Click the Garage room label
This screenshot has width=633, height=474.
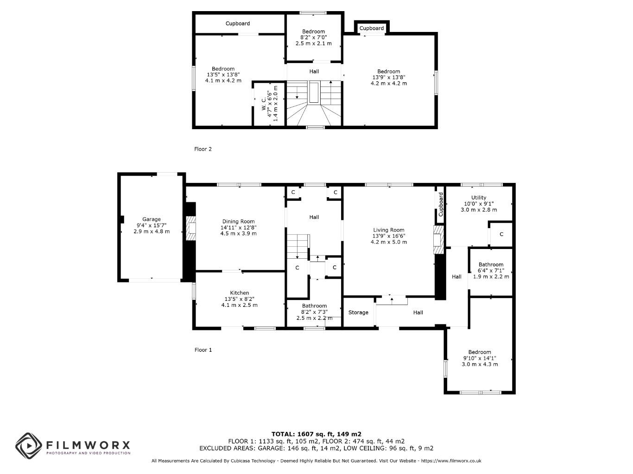(x=151, y=219)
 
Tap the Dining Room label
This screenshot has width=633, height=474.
(x=238, y=221)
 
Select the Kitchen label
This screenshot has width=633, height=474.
(x=240, y=293)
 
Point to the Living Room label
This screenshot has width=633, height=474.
(x=388, y=230)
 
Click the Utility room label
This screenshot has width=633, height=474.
(x=478, y=198)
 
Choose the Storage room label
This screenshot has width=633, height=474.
(x=358, y=313)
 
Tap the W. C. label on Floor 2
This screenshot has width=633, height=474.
(x=264, y=104)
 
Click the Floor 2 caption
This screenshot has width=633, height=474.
(x=203, y=149)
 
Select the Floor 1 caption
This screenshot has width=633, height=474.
(x=203, y=350)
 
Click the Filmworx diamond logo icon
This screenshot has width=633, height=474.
(x=29, y=446)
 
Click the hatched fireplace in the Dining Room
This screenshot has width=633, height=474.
(x=190, y=228)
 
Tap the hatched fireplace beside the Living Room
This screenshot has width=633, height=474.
(x=438, y=240)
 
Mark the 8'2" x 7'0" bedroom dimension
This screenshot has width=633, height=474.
(x=313, y=37)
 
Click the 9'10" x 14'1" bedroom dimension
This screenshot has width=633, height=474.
(x=480, y=358)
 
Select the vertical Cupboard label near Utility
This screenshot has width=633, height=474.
(x=440, y=204)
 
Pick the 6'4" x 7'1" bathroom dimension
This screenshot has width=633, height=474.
(x=491, y=271)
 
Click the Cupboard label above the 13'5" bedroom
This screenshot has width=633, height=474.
(x=238, y=24)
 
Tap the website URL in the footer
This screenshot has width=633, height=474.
(x=451, y=461)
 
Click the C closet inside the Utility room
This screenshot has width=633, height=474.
(x=501, y=234)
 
